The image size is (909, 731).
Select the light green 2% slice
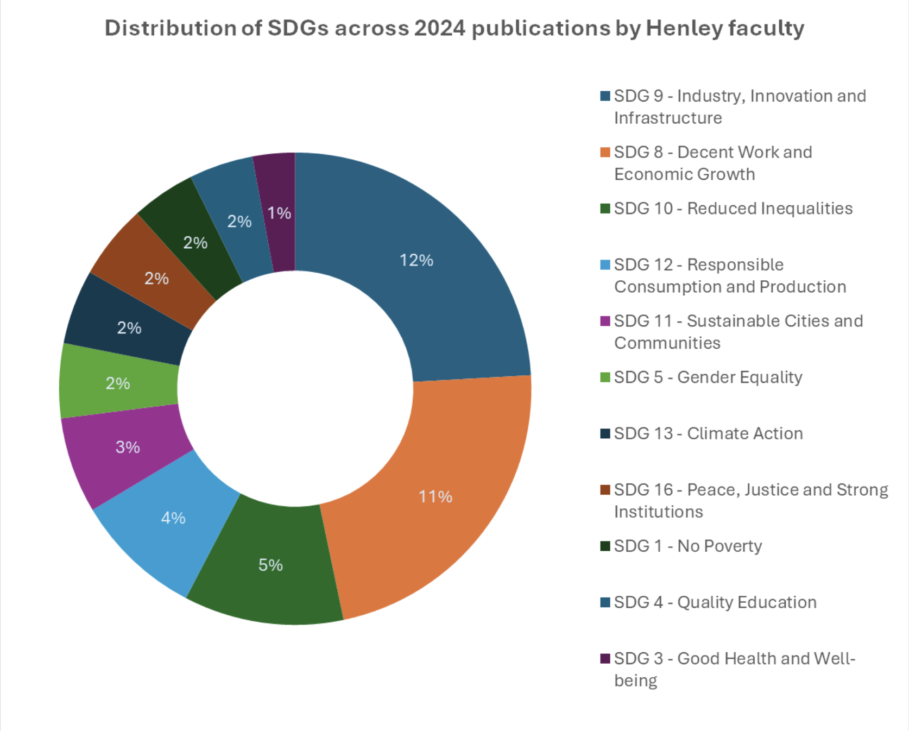(117, 383)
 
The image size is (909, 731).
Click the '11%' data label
(435, 496)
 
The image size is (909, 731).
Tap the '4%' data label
(173, 518)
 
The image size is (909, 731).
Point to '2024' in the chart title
(440, 28)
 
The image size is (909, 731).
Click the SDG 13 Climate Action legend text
(708, 433)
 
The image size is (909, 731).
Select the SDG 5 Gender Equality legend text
(708, 377)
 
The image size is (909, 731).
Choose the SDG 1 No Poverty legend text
(688, 546)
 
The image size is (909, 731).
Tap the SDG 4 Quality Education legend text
(715, 602)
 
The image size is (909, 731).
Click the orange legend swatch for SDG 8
(605, 153)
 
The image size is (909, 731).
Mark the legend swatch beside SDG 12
(605, 265)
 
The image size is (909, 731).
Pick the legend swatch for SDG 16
(605, 490)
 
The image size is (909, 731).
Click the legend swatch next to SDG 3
(605, 659)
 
